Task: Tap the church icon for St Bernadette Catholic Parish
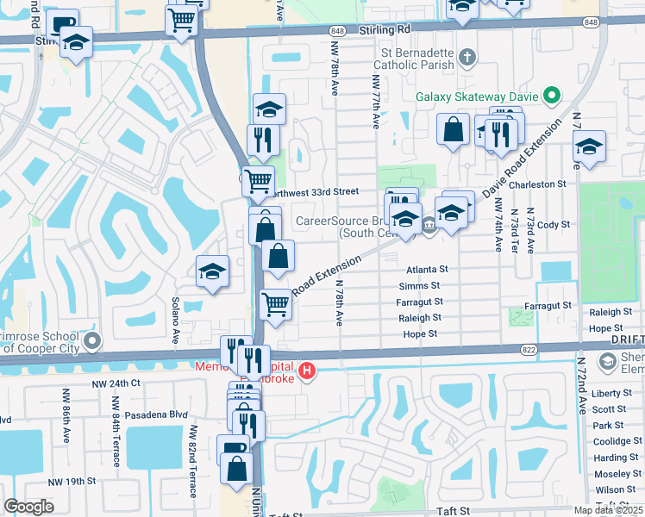467,59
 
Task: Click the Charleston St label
537,184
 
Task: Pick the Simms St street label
420,286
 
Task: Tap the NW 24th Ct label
117,383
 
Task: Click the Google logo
28,507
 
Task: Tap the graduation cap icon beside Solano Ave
212,271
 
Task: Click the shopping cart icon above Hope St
275,302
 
